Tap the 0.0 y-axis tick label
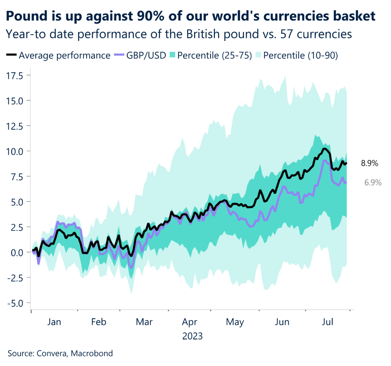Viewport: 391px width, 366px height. pyautogui.click(x=18, y=252)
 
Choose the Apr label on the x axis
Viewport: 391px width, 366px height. pyautogui.click(x=190, y=322)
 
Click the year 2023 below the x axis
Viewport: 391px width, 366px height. pyautogui.click(x=192, y=337)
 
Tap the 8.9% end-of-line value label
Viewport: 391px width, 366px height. pyautogui.click(x=369, y=164)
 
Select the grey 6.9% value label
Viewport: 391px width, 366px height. pyautogui.click(x=373, y=183)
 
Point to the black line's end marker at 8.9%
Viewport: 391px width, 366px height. pyautogui.click(x=346, y=164)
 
